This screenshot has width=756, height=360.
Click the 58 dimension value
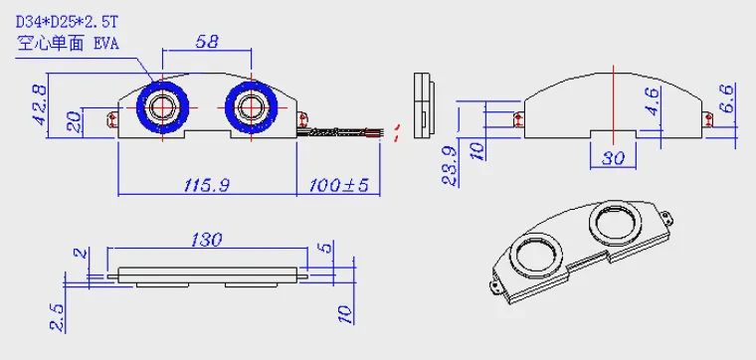[x=207, y=42]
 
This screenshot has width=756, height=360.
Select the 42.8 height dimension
[x=40, y=105]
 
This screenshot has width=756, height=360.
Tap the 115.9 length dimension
[x=206, y=185]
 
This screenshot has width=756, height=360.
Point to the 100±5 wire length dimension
[x=338, y=185]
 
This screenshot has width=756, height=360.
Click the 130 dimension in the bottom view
[x=206, y=240]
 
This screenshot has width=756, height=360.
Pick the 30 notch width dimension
[x=613, y=157]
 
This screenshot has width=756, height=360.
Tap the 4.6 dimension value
[x=654, y=101]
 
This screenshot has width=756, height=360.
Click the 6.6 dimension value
[x=726, y=98]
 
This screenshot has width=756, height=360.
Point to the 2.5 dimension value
[x=58, y=317]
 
